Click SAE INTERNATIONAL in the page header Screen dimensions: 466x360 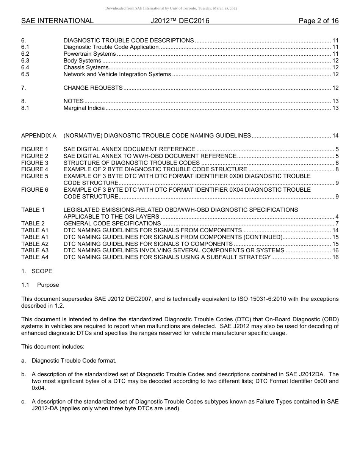click(57, 21)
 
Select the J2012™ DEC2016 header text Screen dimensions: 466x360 click(180, 21)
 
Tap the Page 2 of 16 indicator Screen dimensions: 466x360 click(318, 21)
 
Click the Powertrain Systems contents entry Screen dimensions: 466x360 click(89, 54)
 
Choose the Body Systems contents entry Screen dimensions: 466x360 click(82, 61)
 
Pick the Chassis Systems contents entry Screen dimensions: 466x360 click(86, 67)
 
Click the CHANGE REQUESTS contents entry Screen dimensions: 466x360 click(93, 88)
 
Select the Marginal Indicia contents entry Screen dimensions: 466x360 click(84, 108)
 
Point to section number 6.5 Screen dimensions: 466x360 click(25, 74)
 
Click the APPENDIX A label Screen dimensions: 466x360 click(39, 136)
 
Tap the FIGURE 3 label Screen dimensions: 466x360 click(35, 163)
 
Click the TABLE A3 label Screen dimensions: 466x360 click(35, 250)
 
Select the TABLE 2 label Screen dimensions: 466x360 click(33, 224)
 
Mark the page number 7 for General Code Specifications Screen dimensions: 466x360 click(337, 224)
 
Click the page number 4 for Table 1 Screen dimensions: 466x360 click(337, 217)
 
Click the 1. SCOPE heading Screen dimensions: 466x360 click(37, 271)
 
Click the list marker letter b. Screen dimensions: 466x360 click(23, 374)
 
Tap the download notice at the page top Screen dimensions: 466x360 click(171, 8)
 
